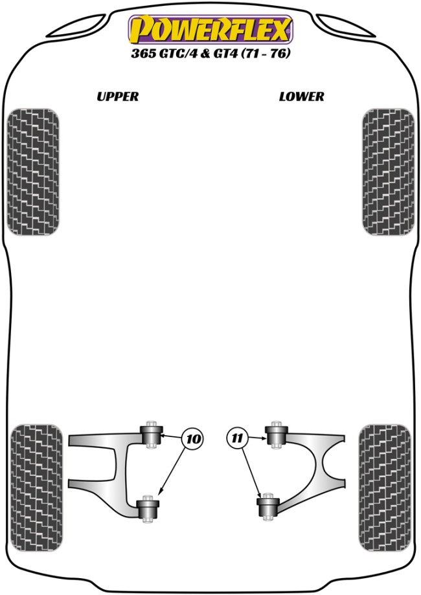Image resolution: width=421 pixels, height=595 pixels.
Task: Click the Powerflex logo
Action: (210, 29)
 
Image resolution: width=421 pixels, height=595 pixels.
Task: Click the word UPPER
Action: (118, 96)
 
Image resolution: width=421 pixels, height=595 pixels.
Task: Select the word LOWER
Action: (301, 96)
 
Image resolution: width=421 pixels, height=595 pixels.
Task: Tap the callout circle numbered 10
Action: (193, 439)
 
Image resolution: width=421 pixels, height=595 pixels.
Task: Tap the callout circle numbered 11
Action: (237, 439)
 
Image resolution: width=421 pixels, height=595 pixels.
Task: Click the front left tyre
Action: (33, 172)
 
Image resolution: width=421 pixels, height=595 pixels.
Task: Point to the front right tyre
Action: (388, 172)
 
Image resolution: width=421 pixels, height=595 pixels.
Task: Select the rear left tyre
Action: (36, 488)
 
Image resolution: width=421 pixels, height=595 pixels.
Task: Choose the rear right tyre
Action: (385, 488)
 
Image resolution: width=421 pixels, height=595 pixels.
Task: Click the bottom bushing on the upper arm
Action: (148, 509)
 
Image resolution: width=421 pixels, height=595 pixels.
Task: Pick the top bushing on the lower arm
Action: (277, 435)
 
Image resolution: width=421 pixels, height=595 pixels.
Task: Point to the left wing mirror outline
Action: (78, 25)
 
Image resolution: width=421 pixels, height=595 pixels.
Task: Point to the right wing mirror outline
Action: (345, 25)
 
